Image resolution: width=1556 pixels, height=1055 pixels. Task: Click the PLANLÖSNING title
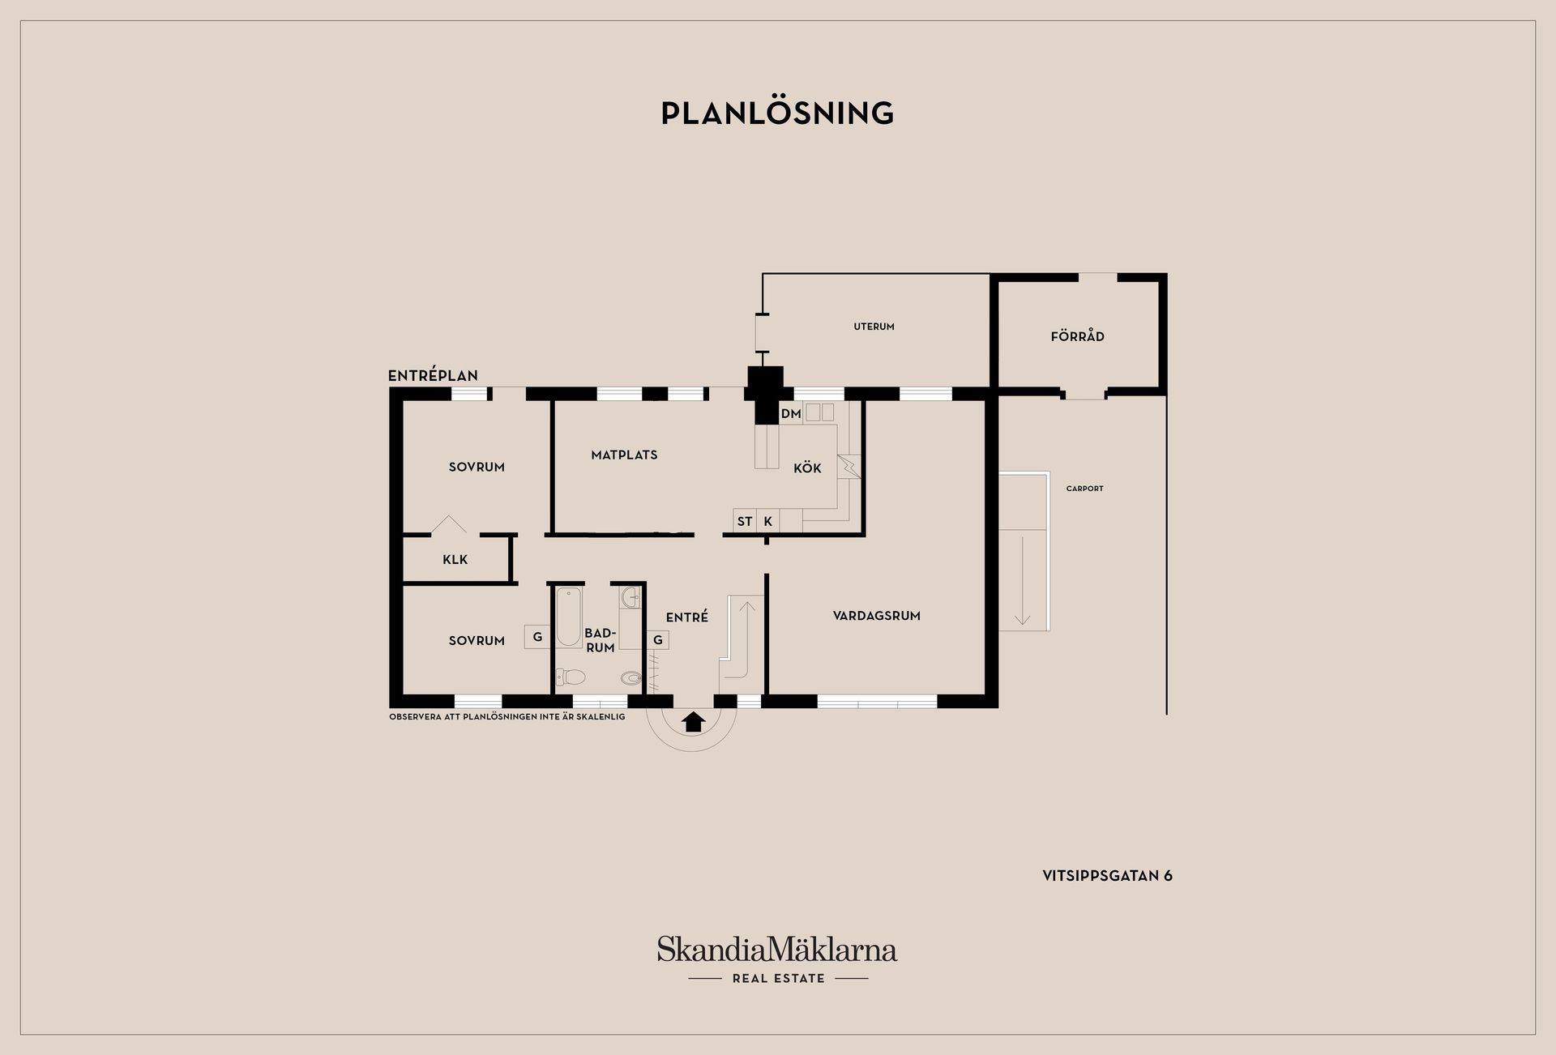coord(777,113)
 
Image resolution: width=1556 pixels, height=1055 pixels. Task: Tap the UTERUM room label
coord(874,327)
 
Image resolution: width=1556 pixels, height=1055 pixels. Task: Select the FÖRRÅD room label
coord(1077,335)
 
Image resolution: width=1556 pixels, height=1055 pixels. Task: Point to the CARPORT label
coord(1084,489)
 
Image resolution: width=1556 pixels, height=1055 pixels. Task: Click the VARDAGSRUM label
coord(876,616)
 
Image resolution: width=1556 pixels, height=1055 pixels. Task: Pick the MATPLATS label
coord(624,455)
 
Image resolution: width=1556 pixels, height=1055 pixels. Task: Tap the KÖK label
coord(807,468)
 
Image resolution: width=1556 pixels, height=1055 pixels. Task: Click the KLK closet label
coord(455,559)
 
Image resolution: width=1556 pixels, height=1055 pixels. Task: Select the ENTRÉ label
coord(687,617)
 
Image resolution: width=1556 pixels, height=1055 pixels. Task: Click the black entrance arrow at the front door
coord(692,721)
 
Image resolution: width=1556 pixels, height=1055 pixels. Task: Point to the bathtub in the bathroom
coord(568,617)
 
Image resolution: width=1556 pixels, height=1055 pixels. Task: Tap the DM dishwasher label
coord(791,413)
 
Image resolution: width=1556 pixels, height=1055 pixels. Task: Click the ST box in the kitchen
coord(745,521)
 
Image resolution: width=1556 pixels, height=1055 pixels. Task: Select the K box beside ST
coord(767,521)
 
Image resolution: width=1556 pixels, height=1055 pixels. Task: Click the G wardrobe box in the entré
coord(658,640)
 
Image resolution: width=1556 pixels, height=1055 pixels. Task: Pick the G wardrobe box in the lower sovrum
coord(537,637)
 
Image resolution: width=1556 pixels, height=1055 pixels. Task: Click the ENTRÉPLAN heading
coord(433,375)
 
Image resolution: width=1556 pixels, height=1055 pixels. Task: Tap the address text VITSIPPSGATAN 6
coord(1107,875)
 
